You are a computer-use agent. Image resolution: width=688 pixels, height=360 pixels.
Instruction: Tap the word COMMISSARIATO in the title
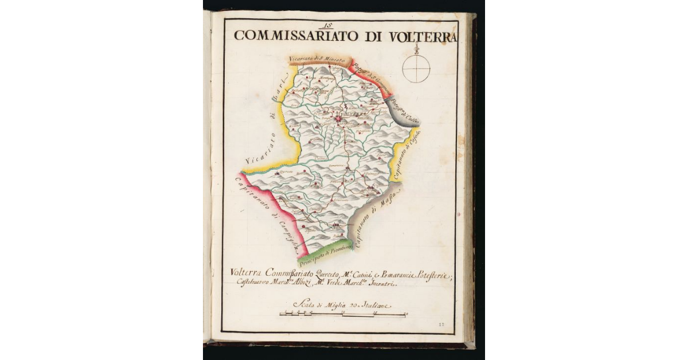[x=296, y=35]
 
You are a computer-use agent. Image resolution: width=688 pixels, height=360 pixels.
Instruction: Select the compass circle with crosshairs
[x=416, y=69]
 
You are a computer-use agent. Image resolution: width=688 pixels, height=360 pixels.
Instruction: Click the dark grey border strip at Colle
[x=401, y=110]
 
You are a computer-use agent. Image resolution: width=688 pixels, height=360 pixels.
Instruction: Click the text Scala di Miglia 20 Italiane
[x=341, y=306]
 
